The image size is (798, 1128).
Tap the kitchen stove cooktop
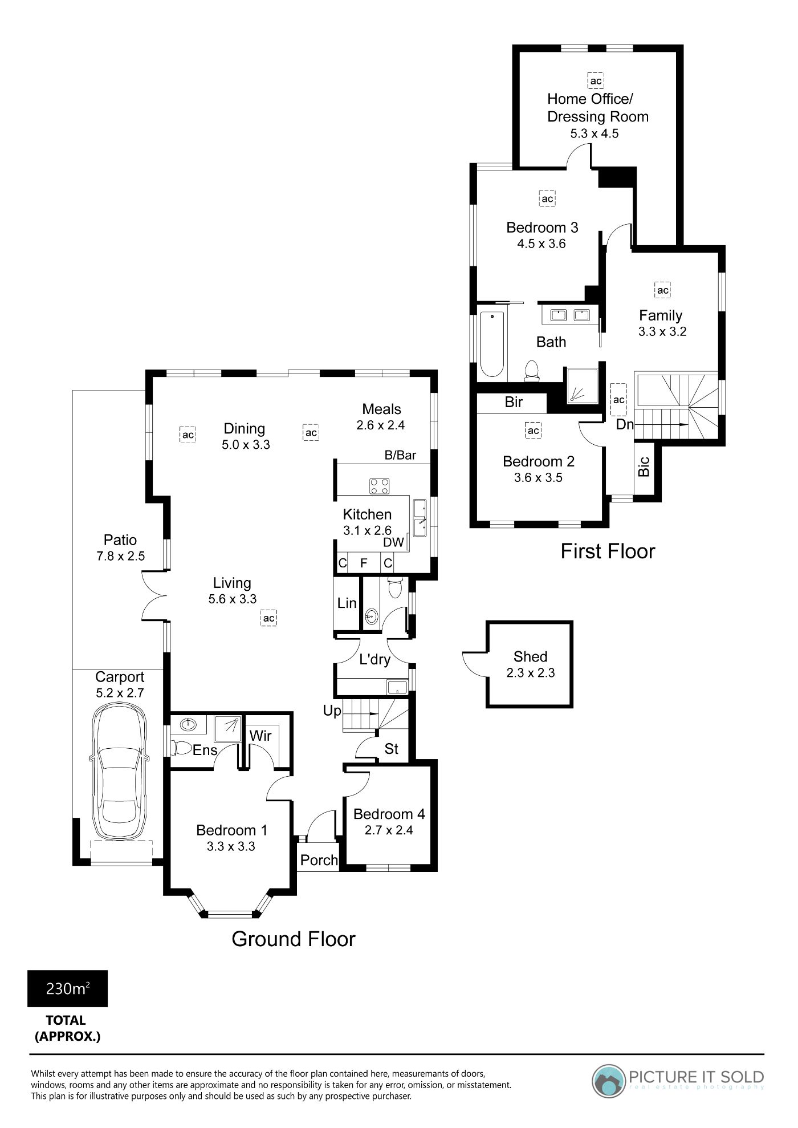click(380, 486)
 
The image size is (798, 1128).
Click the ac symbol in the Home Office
click(596, 81)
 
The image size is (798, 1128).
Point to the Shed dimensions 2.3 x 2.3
click(531, 673)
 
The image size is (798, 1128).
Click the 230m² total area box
click(67, 988)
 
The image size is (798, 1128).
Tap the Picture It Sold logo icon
click(609, 1081)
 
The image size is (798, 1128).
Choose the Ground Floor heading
click(294, 939)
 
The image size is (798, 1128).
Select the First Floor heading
click(608, 551)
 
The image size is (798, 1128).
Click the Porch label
click(319, 860)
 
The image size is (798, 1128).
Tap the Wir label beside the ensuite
click(260, 736)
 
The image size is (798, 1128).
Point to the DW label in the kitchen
click(393, 542)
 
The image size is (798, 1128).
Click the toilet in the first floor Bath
click(532, 370)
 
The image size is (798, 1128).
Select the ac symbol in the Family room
click(662, 290)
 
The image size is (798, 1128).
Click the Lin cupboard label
click(347, 603)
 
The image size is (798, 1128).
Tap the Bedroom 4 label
click(389, 814)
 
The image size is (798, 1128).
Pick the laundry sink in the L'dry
click(397, 687)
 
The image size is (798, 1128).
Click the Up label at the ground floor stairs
click(332, 711)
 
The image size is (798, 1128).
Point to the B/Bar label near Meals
click(400, 455)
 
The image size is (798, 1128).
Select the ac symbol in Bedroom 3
click(547, 199)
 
